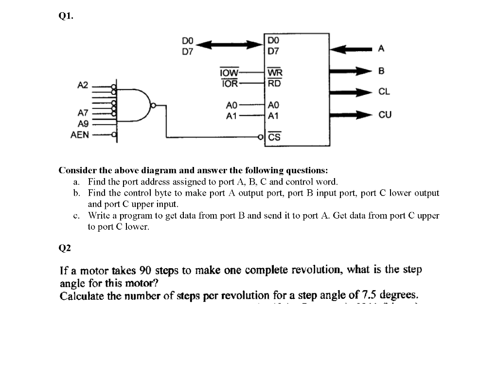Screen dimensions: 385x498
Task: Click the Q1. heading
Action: click(x=66, y=16)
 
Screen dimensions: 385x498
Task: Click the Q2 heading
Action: click(x=65, y=248)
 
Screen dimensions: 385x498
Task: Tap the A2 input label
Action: click(x=83, y=85)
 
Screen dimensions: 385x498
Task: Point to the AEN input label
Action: click(x=80, y=135)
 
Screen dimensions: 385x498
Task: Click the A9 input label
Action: click(x=83, y=124)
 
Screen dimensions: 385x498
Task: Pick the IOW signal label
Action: click(x=229, y=73)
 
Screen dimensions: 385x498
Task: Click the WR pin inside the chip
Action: click(x=275, y=73)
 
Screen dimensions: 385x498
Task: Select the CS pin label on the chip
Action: click(x=274, y=137)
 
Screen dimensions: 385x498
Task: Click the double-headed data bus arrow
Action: click(x=229, y=45)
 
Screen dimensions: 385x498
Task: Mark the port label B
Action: click(x=381, y=72)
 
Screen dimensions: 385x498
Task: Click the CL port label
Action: click(x=384, y=92)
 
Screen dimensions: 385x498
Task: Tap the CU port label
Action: click(x=384, y=115)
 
